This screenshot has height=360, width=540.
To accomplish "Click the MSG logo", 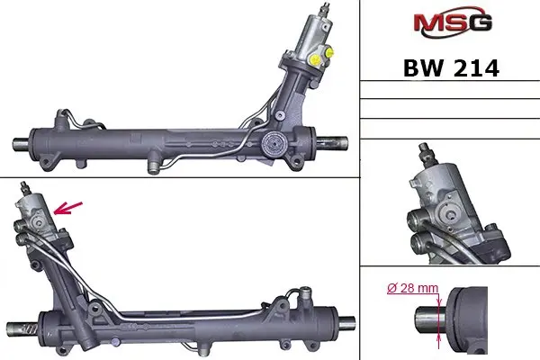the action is [453, 22].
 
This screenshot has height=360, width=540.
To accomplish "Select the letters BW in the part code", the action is [423, 68].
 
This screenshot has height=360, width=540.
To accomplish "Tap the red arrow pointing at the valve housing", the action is [68, 208].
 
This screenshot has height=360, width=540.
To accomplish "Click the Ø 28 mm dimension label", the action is [412, 288].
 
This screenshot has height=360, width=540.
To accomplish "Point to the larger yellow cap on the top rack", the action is [315, 59].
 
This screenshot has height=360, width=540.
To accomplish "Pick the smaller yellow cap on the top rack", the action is [329, 52].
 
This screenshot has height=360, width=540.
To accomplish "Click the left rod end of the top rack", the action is [22, 143].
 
